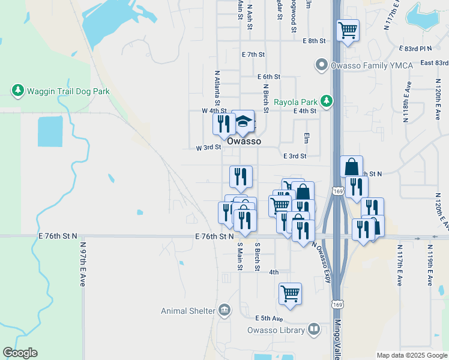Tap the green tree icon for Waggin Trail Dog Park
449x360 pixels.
17,91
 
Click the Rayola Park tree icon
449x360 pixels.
326,101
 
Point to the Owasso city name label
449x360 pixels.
244,141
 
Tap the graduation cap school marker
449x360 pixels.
243,122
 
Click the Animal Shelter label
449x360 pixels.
188,311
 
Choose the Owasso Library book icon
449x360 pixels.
314,329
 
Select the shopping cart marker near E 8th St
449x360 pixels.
348,29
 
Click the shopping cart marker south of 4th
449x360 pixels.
290,293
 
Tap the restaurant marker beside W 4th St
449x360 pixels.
224,124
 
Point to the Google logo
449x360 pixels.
20,353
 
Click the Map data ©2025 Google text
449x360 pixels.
412,355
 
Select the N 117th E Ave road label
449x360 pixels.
399,264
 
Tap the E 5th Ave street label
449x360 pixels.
268,318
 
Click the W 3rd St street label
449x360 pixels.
208,148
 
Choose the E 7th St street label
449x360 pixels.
253,55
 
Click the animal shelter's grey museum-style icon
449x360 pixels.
224,310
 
